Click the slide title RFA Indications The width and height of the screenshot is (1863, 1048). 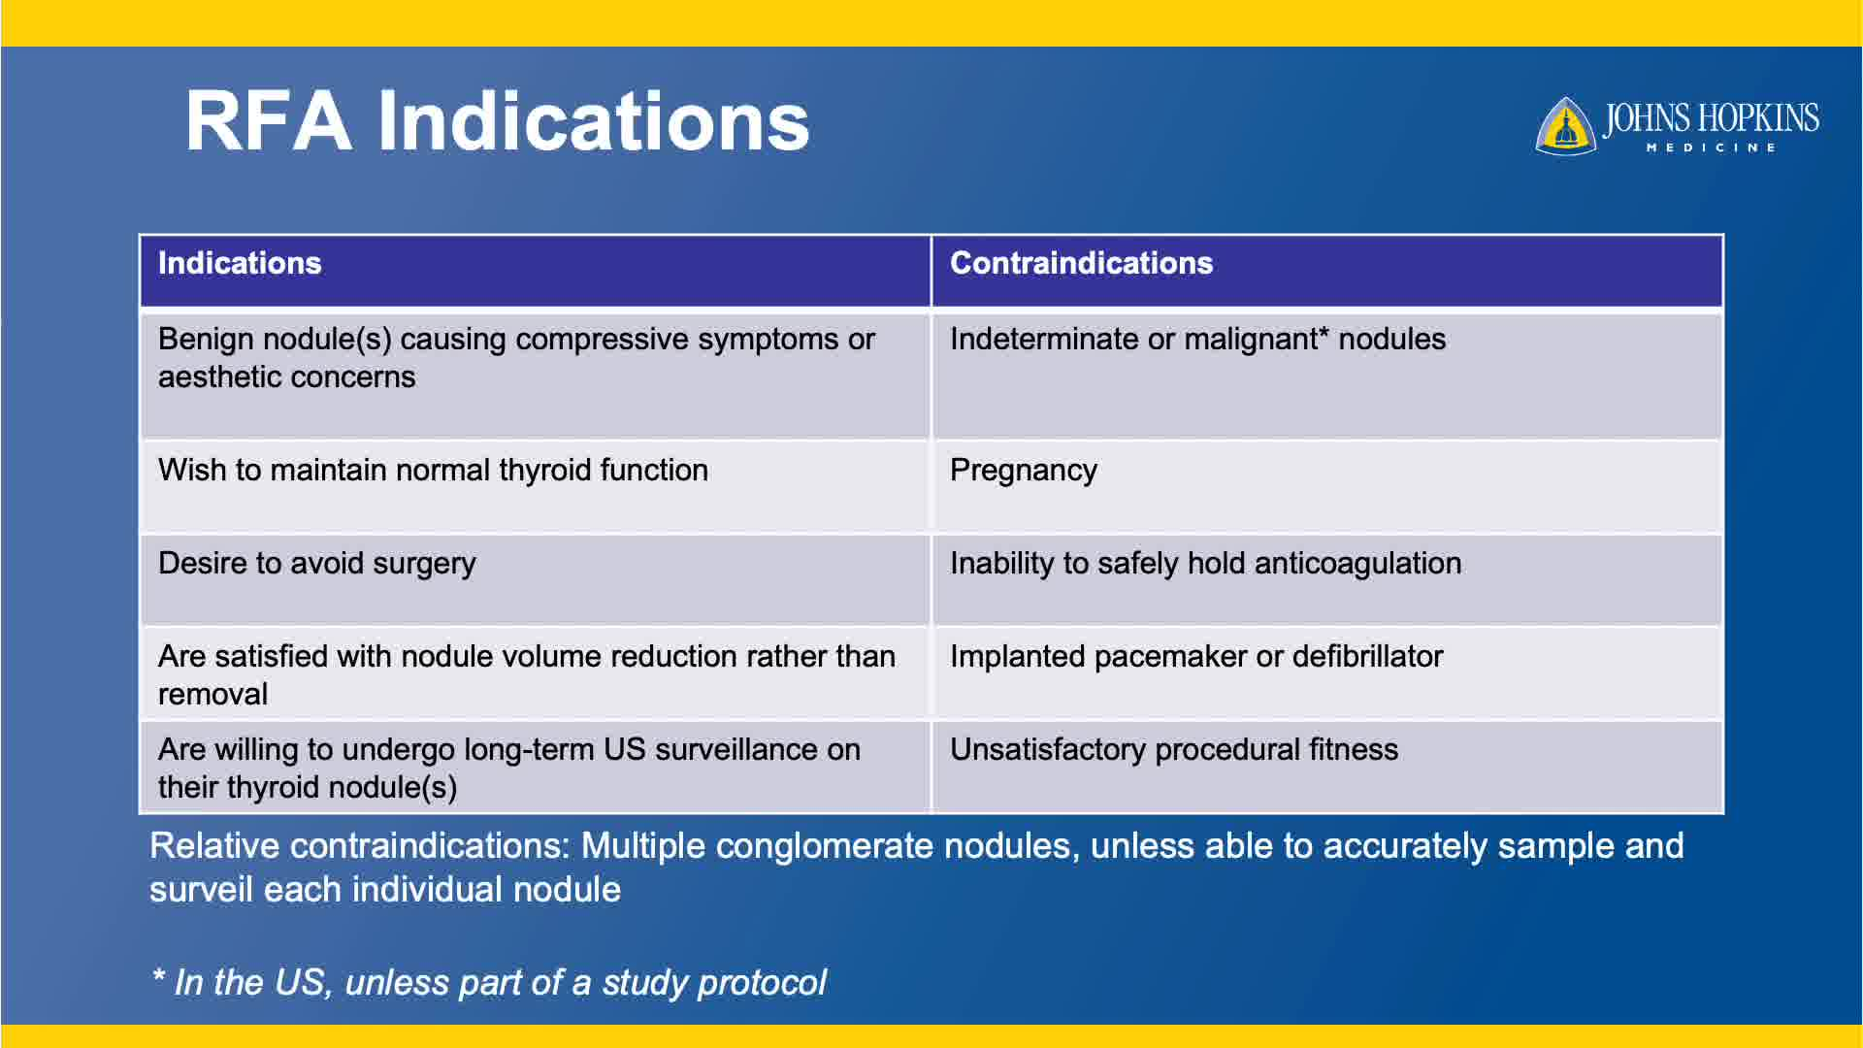coord(497,121)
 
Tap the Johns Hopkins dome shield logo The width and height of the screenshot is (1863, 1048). coord(1565,126)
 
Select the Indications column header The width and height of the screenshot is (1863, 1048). coord(240,263)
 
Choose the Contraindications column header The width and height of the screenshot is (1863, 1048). coord(1081,263)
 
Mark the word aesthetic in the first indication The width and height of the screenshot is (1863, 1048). coord(222,377)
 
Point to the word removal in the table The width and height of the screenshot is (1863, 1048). coord(212,695)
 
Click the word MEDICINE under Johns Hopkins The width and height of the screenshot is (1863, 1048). coord(1711,147)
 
